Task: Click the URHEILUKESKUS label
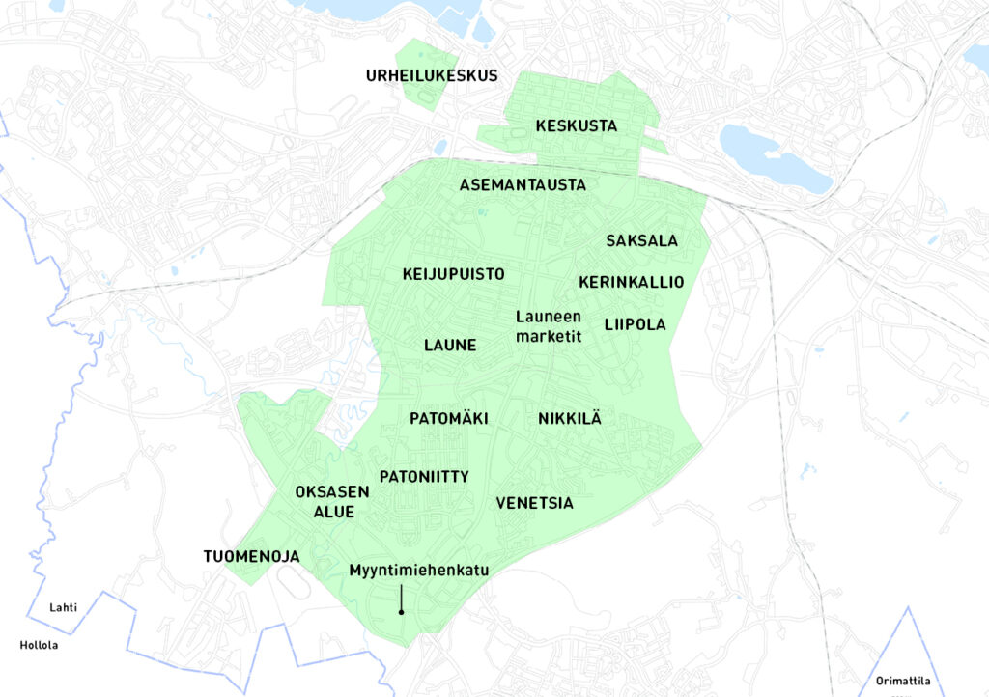[431, 75]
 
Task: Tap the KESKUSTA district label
[576, 126]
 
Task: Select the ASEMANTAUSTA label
[523, 184]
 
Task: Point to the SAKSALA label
[642, 240]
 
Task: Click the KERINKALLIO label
[631, 282]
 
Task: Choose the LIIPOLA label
[635, 324]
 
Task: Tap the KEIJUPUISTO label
[453, 274]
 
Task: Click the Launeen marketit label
[548, 325]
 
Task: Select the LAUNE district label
[450, 345]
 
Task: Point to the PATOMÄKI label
[448, 419]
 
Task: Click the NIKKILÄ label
[569, 419]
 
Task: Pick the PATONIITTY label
[424, 477]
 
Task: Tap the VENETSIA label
[534, 503]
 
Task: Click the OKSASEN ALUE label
[331, 501]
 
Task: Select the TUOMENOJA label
[251, 557]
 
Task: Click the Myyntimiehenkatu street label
[419, 571]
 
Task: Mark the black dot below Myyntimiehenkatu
[401, 612]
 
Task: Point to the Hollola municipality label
[38, 645]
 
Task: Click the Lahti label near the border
[63, 607]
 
